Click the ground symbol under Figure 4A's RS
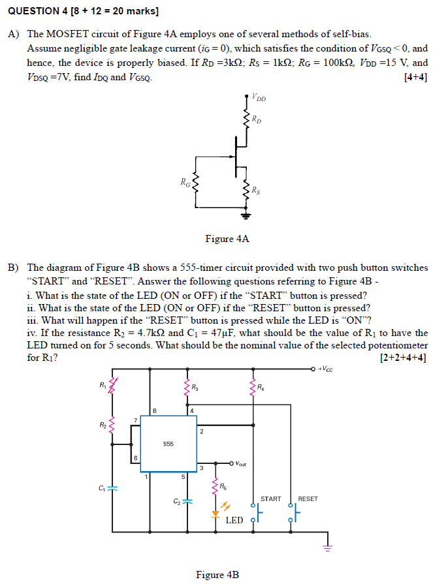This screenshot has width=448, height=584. click(x=247, y=215)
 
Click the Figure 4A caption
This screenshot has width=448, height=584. click(x=227, y=239)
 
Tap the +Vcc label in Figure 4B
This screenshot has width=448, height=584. click(x=327, y=369)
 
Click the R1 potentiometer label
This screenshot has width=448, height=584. click(x=103, y=384)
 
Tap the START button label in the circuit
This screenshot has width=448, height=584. click(x=270, y=499)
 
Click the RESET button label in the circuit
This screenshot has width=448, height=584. click(x=308, y=499)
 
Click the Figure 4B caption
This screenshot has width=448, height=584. click(x=217, y=575)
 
